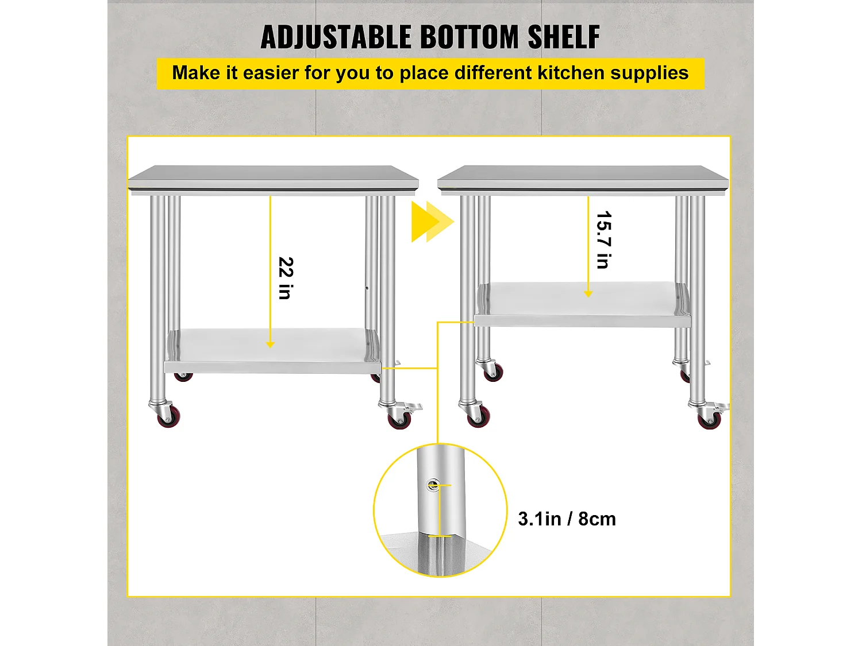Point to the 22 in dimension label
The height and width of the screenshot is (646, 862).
coord(286,278)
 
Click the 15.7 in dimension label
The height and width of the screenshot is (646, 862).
coord(603,240)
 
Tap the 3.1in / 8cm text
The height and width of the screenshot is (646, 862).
coord(567,519)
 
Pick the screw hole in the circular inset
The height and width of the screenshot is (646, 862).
coord(432,486)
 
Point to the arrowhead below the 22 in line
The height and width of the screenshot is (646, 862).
coord(270,345)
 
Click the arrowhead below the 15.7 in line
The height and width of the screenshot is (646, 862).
coord(588,294)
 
